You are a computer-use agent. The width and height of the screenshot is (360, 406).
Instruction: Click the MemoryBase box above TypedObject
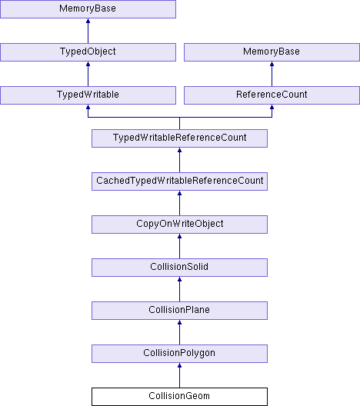(88, 9)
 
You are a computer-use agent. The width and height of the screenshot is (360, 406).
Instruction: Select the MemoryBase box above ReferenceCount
(272, 52)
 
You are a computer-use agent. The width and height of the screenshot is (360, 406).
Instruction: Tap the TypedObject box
(88, 52)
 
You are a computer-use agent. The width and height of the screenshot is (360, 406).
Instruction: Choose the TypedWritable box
(88, 95)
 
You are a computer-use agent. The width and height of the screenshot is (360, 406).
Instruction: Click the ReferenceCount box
(272, 95)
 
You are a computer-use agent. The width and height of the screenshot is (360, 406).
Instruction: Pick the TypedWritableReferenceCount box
(179, 138)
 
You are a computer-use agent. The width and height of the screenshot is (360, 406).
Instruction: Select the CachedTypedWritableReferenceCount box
(179, 181)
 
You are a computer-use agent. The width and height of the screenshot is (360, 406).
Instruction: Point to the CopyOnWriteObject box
(179, 225)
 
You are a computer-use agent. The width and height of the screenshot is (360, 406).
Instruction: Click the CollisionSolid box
(179, 268)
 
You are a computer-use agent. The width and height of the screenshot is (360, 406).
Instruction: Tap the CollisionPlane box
(179, 311)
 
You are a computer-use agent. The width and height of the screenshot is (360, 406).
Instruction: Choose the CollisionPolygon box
(179, 354)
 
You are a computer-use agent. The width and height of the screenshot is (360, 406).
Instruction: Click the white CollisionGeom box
(179, 397)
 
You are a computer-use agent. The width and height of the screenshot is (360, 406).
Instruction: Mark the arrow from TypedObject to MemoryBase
(88, 31)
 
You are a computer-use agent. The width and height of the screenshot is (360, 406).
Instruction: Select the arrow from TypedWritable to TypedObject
(88, 74)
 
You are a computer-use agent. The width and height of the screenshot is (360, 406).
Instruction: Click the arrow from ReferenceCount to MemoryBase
(272, 74)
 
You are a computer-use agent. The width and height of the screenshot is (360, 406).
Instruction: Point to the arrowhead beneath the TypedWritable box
(88, 107)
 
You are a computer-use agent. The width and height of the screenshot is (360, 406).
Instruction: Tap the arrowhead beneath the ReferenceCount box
(272, 107)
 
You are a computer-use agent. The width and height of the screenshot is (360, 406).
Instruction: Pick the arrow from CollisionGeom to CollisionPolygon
(179, 375)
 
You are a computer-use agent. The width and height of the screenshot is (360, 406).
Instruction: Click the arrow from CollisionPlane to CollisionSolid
(179, 289)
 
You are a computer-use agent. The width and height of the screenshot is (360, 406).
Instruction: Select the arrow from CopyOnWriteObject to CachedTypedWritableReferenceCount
(179, 203)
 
